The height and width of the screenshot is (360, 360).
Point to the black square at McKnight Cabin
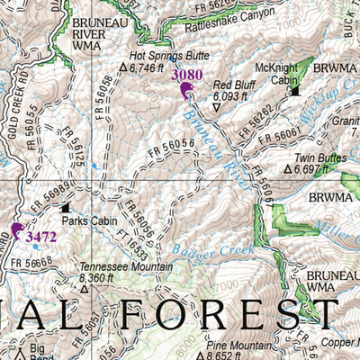294,90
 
